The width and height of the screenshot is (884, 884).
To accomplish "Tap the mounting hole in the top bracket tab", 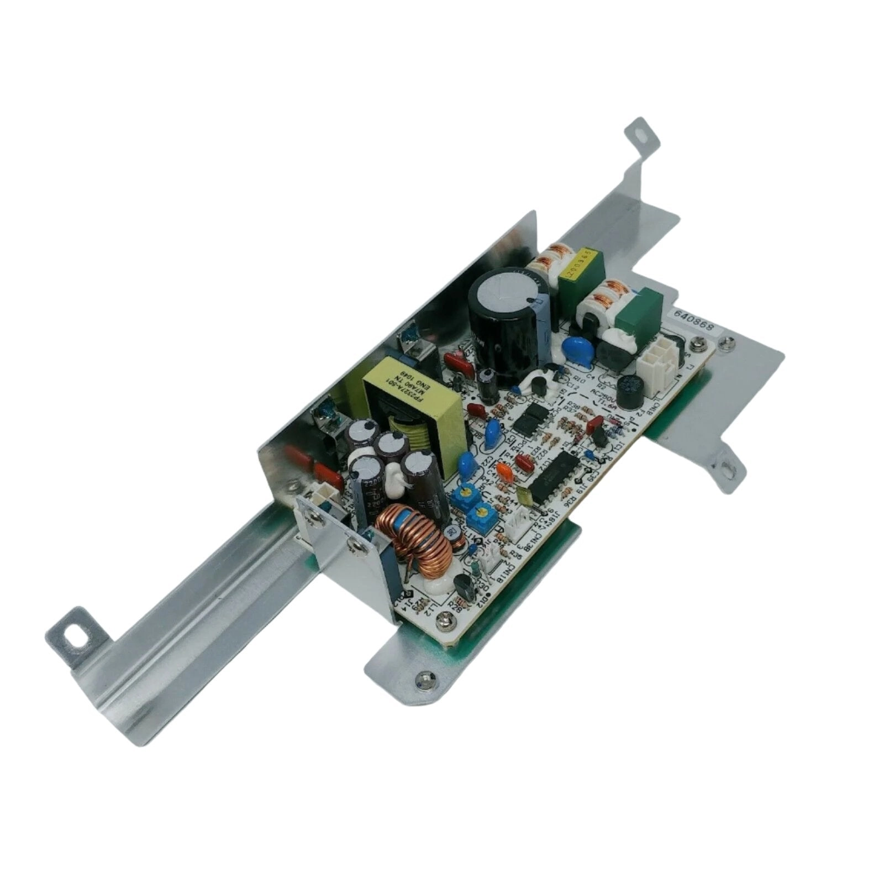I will point(641,134).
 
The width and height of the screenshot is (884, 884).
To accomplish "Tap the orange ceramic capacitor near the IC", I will point(504,471).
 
